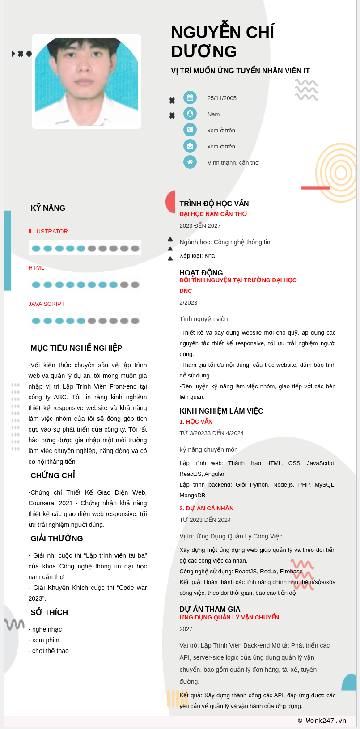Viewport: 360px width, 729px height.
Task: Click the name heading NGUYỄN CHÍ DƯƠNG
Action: click(222, 42)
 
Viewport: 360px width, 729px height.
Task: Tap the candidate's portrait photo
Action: click(86, 81)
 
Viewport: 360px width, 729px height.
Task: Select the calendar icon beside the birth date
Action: click(190, 97)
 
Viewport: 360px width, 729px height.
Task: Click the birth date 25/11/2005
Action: click(222, 98)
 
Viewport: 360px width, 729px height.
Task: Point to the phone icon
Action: click(190, 130)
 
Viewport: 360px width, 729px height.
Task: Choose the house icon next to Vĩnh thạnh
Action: click(190, 162)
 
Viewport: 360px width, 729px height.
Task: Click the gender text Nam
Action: click(213, 114)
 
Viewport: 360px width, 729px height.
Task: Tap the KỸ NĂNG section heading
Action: click(48, 208)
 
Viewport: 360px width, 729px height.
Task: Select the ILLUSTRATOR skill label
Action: click(48, 232)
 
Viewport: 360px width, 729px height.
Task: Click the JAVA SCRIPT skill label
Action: click(47, 304)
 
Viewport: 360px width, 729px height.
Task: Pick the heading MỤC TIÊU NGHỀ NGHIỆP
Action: click(76, 348)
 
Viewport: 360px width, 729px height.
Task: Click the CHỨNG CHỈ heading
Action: click(53, 475)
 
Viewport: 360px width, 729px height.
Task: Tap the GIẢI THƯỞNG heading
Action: click(57, 538)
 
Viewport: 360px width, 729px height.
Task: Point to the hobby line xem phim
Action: click(45, 640)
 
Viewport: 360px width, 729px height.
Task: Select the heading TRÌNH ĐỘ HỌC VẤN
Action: click(214, 203)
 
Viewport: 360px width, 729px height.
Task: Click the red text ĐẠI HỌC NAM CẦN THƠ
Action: click(213, 214)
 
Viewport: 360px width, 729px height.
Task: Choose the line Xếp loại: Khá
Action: click(197, 256)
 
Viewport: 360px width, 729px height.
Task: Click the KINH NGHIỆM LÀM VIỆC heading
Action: click(221, 411)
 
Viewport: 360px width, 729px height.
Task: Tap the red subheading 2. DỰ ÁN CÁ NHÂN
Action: click(206, 509)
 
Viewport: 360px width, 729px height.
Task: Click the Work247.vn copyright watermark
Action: click(322, 721)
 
